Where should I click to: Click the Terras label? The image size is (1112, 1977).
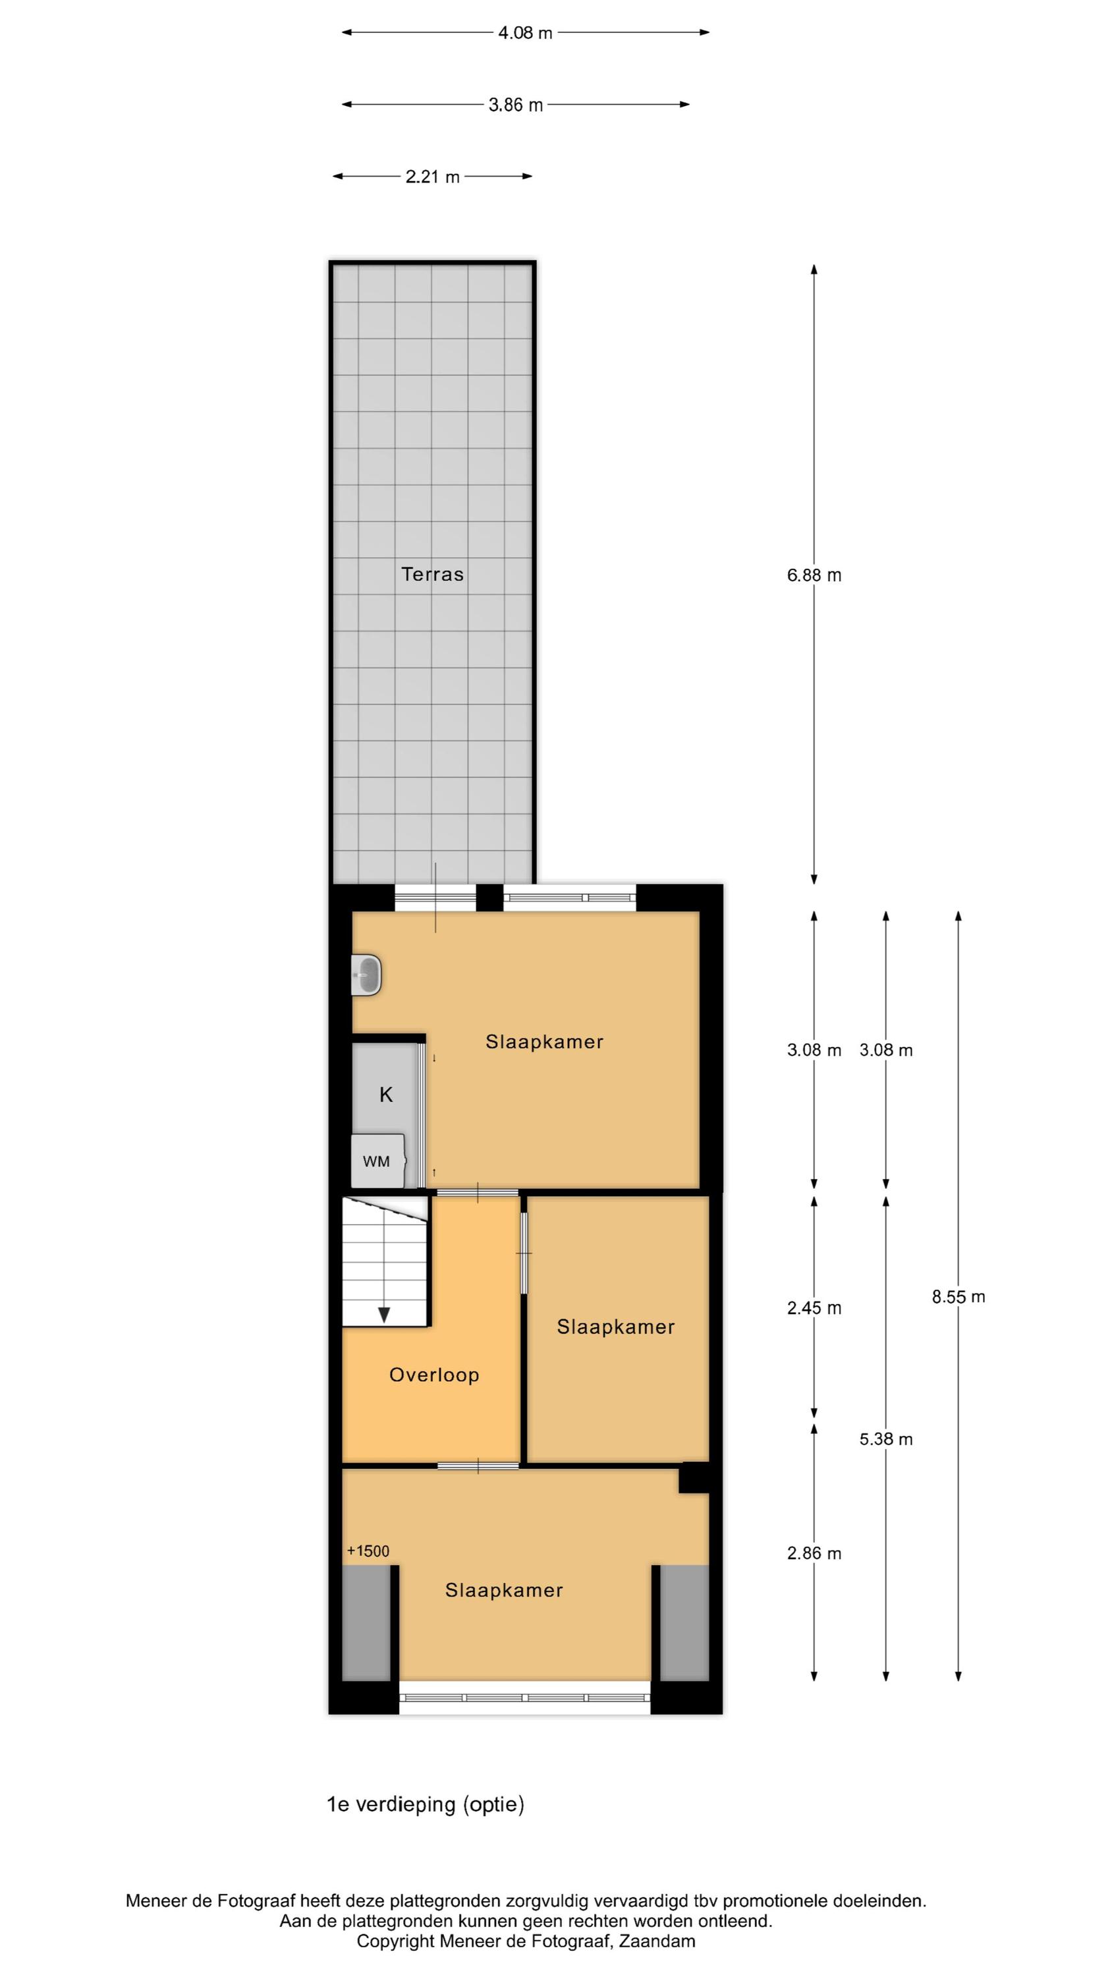coord(432,574)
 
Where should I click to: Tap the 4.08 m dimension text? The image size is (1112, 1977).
coord(525,33)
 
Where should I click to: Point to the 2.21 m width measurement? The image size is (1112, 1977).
coord(432,177)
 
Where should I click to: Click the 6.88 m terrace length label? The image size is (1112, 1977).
coord(814,575)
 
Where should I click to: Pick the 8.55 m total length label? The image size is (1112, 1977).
coord(959,1296)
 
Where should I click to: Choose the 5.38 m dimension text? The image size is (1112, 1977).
coord(887,1439)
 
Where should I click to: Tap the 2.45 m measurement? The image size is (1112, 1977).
coord(814,1307)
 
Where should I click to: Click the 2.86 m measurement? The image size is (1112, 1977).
coord(814,1553)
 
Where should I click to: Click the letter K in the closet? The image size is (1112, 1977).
coord(386,1095)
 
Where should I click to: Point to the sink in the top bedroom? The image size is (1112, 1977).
coord(366,975)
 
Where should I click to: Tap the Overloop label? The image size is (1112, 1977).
coord(434,1375)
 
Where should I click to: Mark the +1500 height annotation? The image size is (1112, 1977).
coord(368,1551)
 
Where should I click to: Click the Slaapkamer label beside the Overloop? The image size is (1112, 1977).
coord(615,1327)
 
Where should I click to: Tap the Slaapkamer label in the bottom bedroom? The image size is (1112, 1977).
coord(504,1591)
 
